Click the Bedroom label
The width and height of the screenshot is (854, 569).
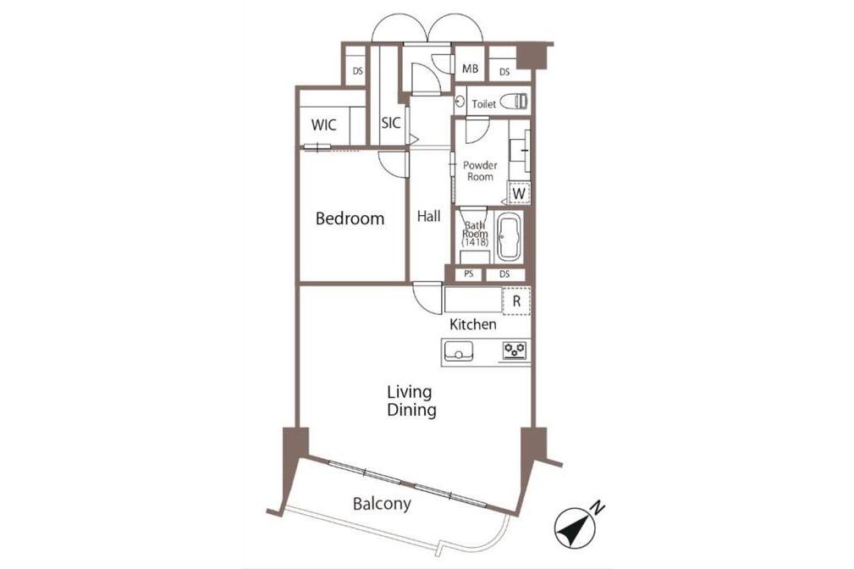pos(350,218)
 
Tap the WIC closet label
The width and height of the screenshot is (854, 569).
pos(323,124)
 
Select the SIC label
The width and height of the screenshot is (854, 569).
pos(390,123)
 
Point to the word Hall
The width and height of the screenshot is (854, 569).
pos(428,217)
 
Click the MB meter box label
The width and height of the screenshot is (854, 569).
pos(470,69)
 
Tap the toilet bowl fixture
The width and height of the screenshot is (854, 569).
pos(514,102)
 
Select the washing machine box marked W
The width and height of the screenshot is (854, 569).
pos(519,192)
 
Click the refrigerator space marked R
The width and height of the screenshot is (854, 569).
pos(516,301)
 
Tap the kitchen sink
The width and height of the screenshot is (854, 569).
pos(459,351)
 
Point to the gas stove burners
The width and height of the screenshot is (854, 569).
pos(515,351)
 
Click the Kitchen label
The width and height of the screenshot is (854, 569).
pos(473,325)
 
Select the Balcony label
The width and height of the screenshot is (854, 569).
pos(382,504)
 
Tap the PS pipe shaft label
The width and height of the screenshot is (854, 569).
pos(468,274)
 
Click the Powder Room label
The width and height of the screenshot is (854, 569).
pos(481,170)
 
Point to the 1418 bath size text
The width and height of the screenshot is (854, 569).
pos(475,242)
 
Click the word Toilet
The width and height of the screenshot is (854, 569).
pos(483,103)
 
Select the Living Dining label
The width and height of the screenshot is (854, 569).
pos(411,401)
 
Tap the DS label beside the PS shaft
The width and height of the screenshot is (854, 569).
pos(504,274)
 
